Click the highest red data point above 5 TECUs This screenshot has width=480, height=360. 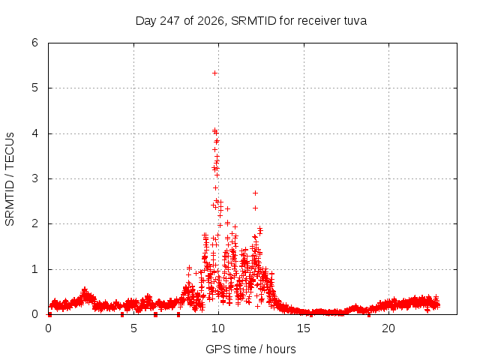click(x=214, y=73)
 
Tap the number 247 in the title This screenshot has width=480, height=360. click(x=169, y=21)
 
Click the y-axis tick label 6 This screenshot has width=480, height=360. click(x=34, y=43)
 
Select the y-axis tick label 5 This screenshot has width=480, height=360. click(x=34, y=88)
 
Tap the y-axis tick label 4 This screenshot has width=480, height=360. click(x=34, y=133)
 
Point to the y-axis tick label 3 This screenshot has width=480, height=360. click(x=34, y=178)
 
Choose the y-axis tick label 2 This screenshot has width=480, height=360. click(x=34, y=223)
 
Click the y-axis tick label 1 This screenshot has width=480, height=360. click(x=34, y=269)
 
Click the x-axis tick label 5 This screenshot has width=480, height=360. click(x=133, y=328)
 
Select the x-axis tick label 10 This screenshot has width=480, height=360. click(x=218, y=328)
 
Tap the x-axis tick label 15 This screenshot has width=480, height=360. click(x=303, y=328)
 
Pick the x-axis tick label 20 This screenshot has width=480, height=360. click(x=388, y=328)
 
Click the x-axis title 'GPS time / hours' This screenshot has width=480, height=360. click(x=250, y=349)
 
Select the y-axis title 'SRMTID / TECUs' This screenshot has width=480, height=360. click(x=10, y=179)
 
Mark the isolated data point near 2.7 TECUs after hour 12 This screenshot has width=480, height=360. click(x=255, y=193)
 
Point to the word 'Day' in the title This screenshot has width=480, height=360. click(x=146, y=21)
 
